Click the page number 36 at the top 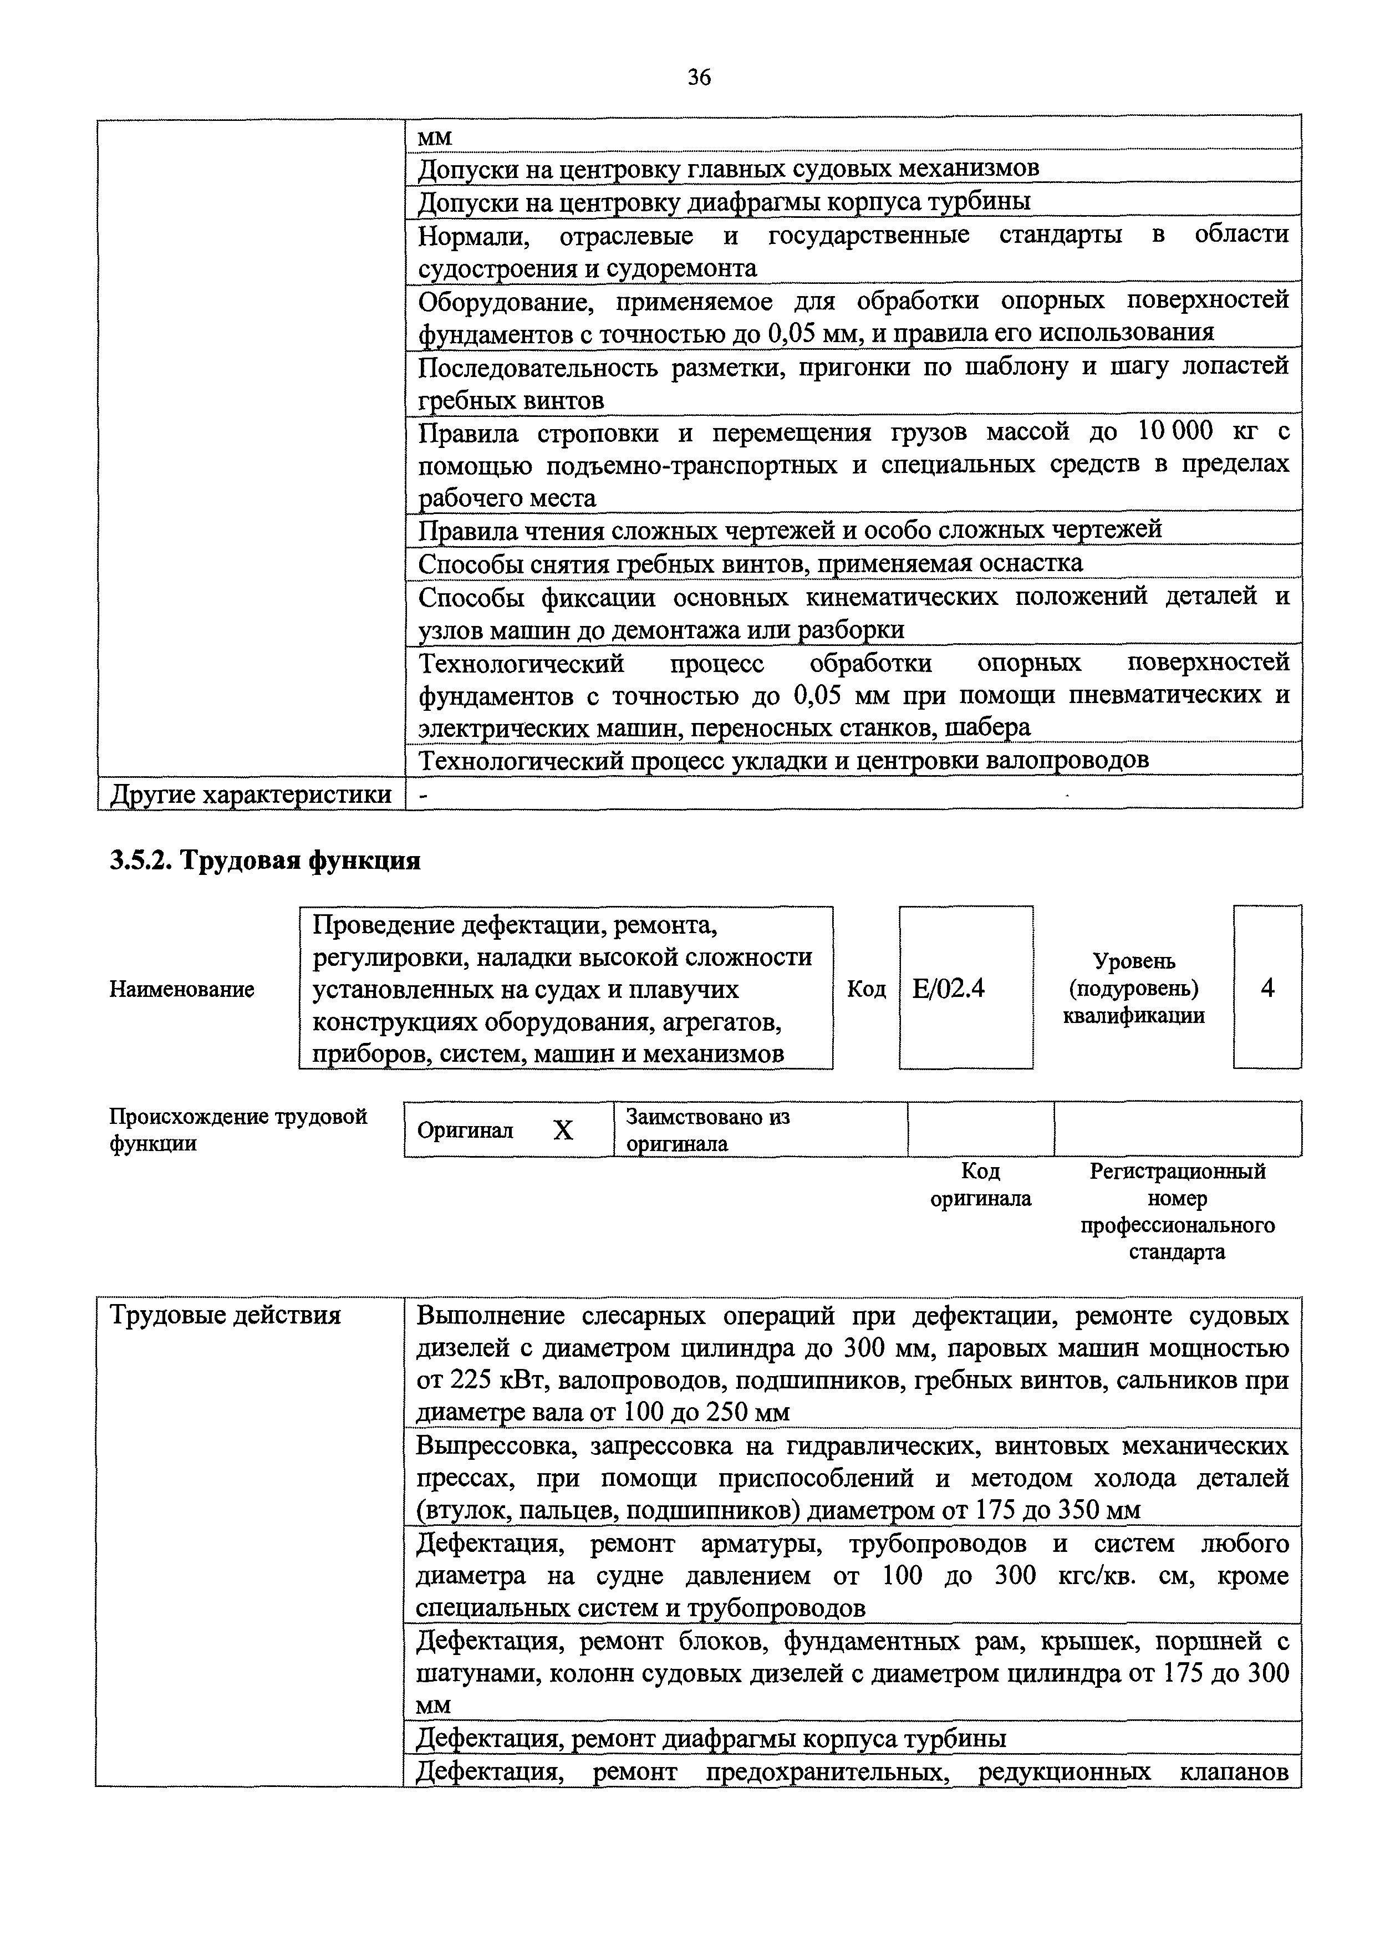click(x=699, y=78)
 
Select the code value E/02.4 click(x=948, y=989)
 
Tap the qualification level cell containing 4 click(x=1267, y=988)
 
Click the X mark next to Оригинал click(x=563, y=1130)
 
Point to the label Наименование click(x=181, y=990)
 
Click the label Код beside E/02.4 click(x=866, y=989)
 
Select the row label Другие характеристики click(x=251, y=794)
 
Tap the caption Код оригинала click(x=980, y=1185)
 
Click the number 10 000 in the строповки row click(x=1174, y=432)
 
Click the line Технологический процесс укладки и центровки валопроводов click(x=783, y=761)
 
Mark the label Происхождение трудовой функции click(x=238, y=1130)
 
